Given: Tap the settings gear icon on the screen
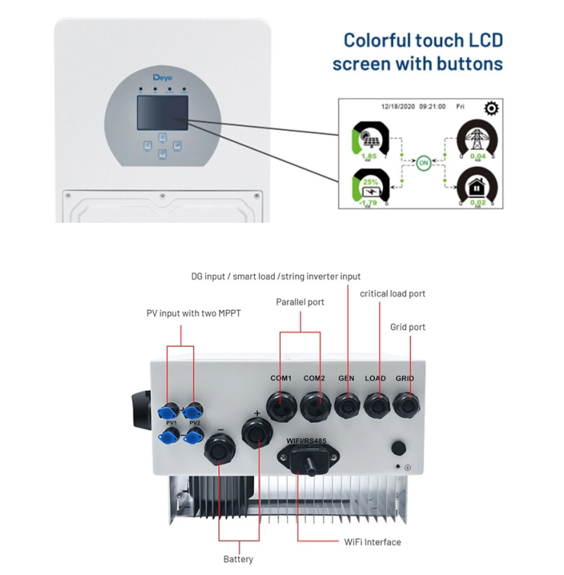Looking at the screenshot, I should (491, 108).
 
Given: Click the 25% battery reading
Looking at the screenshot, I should (371, 183).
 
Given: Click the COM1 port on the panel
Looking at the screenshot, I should (281, 402).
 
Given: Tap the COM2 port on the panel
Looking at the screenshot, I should (314, 402).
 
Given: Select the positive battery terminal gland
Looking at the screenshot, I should (256, 433).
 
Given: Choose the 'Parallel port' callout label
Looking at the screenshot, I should (300, 302).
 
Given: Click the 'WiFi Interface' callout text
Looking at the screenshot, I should (372, 542).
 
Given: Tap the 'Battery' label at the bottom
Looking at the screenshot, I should (237, 559).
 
